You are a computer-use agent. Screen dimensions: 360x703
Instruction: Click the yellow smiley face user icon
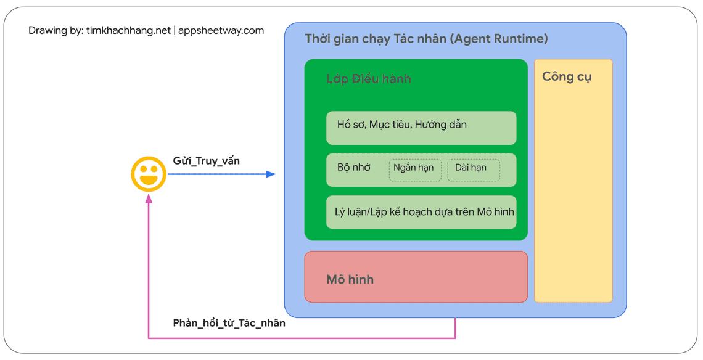tap(149, 174)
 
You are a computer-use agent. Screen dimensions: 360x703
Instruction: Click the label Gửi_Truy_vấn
tap(206, 161)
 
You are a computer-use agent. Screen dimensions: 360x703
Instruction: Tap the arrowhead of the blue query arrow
tap(271, 174)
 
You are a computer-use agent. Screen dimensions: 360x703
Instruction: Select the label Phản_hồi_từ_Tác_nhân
tap(229, 323)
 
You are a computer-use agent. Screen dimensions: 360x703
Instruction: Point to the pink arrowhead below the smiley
tap(149, 199)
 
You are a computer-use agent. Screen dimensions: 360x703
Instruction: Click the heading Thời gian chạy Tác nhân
tap(376, 39)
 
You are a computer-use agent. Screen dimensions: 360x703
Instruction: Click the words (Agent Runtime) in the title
tap(499, 39)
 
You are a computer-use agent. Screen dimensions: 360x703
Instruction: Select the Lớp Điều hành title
tap(368, 79)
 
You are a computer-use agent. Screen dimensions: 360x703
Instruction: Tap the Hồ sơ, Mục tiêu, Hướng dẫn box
tap(421, 128)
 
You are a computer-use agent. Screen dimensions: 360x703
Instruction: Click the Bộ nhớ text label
tap(353, 167)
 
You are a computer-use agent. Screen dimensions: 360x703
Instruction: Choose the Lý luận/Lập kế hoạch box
tap(421, 212)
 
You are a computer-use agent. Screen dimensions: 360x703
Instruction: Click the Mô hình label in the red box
tap(350, 279)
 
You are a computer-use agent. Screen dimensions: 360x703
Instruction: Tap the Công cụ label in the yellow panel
tap(567, 77)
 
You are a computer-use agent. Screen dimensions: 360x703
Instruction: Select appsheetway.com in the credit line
tap(221, 30)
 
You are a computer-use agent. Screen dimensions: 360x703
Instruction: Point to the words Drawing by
tap(55, 30)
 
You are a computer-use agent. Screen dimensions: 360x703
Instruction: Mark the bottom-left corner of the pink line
tap(149, 338)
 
